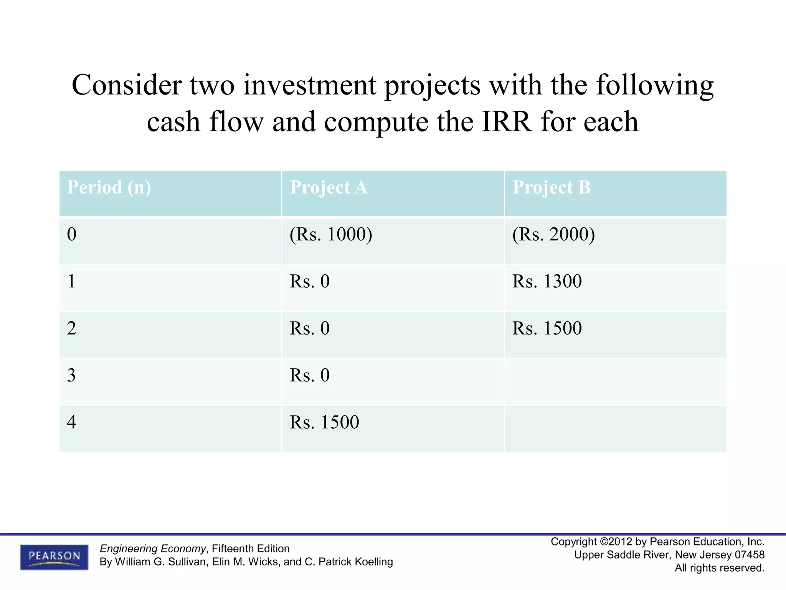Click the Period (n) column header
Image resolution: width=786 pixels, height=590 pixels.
109,188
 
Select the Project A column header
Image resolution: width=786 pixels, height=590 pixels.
329,188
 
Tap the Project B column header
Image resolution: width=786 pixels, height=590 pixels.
551,188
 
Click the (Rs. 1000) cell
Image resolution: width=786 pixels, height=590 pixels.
331,234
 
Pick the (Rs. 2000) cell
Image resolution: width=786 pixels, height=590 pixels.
553,234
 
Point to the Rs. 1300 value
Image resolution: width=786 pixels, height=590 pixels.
547,281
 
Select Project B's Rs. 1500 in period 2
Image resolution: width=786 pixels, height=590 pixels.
547,328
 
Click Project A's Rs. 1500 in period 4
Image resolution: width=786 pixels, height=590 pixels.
324,422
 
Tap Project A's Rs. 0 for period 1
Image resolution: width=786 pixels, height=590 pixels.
310,281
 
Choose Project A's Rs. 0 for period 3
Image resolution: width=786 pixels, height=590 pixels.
310,375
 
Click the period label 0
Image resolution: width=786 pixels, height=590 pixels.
72,234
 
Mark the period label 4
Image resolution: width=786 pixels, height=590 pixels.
72,422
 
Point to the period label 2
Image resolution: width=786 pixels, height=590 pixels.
72,328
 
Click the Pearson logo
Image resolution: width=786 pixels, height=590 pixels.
54,557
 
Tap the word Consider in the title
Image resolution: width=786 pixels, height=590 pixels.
127,85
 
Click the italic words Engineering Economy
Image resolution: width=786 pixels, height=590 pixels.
153,549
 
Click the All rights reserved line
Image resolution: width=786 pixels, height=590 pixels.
719,568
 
